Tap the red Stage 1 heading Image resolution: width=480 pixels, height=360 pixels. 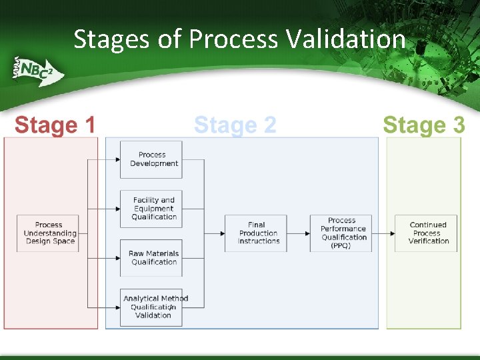click(x=55, y=125)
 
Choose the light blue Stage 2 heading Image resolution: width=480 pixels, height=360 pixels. click(x=235, y=125)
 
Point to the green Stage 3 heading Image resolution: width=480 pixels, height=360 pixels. click(x=423, y=125)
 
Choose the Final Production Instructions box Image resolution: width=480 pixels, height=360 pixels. click(x=256, y=233)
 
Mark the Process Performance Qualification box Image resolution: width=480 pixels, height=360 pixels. click(x=341, y=233)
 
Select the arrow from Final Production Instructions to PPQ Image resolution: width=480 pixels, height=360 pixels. click(x=298, y=233)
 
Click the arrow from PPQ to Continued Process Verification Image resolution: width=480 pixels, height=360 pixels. click(x=383, y=233)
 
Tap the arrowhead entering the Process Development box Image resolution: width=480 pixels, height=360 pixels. click(x=117, y=159)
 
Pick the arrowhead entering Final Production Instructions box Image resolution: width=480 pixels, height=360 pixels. click(x=222, y=233)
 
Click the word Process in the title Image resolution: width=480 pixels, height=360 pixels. click(x=233, y=40)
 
